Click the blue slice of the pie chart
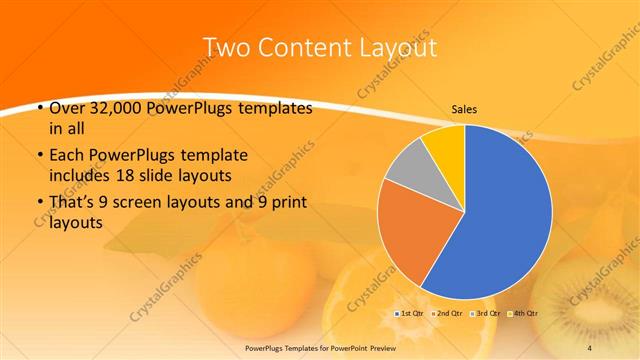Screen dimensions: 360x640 (x=500, y=220)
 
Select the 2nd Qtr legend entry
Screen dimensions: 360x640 (x=448, y=314)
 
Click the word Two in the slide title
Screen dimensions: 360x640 (x=227, y=47)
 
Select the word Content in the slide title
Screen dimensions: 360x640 (x=303, y=47)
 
